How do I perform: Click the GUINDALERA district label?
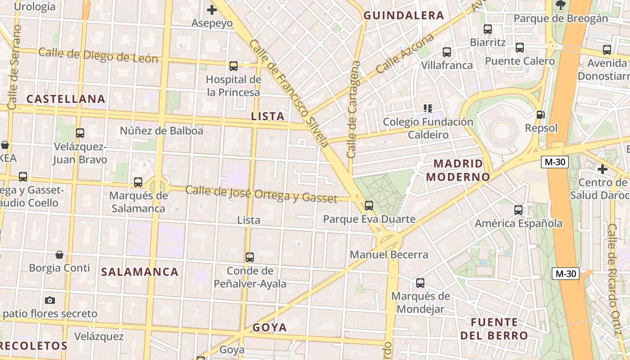[x=404, y=15]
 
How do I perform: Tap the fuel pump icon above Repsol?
[x=541, y=115]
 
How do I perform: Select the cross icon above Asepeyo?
[x=211, y=9]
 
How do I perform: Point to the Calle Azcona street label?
[x=405, y=53]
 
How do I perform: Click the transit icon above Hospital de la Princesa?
[x=233, y=66]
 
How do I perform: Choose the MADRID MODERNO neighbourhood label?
[x=458, y=170]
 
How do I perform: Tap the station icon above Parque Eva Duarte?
[x=369, y=206]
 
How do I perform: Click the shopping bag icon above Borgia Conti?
[x=59, y=255]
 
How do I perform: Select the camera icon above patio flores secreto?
[x=49, y=300]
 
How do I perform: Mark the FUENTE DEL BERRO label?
[x=494, y=329]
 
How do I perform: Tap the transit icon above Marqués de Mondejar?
[x=420, y=283]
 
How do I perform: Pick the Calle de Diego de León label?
[x=98, y=55]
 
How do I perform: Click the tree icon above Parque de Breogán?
[x=560, y=5]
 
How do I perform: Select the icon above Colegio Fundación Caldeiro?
[x=427, y=108]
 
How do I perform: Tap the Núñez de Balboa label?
[x=162, y=131]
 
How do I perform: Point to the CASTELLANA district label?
[x=66, y=99]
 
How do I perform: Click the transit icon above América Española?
[x=518, y=210]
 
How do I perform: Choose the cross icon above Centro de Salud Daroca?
[x=603, y=169]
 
